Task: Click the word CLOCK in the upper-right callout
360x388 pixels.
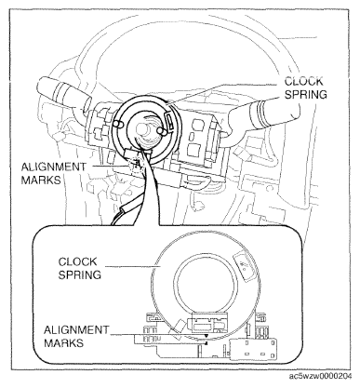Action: pyautogui.click(x=303, y=81)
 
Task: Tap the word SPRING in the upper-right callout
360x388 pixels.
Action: pyautogui.click(x=306, y=94)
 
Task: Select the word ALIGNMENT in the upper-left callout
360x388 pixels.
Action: pyautogui.click(x=53, y=167)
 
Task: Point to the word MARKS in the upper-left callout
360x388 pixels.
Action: pyautogui.click(x=41, y=180)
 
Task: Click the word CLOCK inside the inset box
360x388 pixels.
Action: pyautogui.click(x=77, y=261)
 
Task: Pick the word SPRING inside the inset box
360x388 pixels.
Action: pyautogui.click(x=80, y=274)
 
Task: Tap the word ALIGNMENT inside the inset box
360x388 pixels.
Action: pyautogui.click(x=76, y=329)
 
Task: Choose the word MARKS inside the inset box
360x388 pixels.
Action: pyautogui.click(x=63, y=343)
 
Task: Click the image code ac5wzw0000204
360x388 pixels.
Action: pyautogui.click(x=321, y=376)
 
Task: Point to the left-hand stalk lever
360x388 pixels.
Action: pyautogui.click(x=63, y=93)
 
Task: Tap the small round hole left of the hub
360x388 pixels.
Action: pyautogui.click(x=116, y=125)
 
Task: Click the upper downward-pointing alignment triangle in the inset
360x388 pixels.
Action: pyautogui.click(x=207, y=336)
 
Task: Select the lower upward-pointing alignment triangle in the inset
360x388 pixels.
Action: pyautogui.click(x=206, y=342)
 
